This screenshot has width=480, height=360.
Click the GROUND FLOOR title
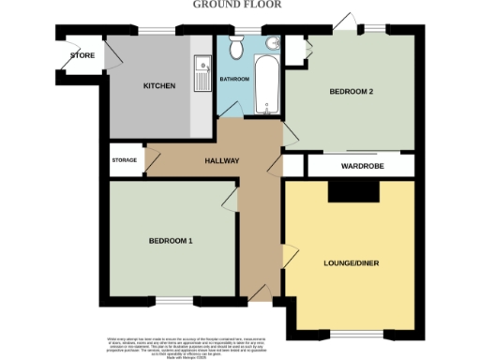(240, 5)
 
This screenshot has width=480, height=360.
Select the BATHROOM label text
(234, 79)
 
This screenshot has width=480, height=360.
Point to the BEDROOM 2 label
(352, 92)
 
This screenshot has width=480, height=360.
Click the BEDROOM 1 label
(171, 241)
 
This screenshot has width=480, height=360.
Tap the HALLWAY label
(222, 161)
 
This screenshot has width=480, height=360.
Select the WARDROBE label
(361, 166)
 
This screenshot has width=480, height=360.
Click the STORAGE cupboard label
(124, 160)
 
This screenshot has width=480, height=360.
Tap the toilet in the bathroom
(238, 45)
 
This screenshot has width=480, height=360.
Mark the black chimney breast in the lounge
(352, 190)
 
